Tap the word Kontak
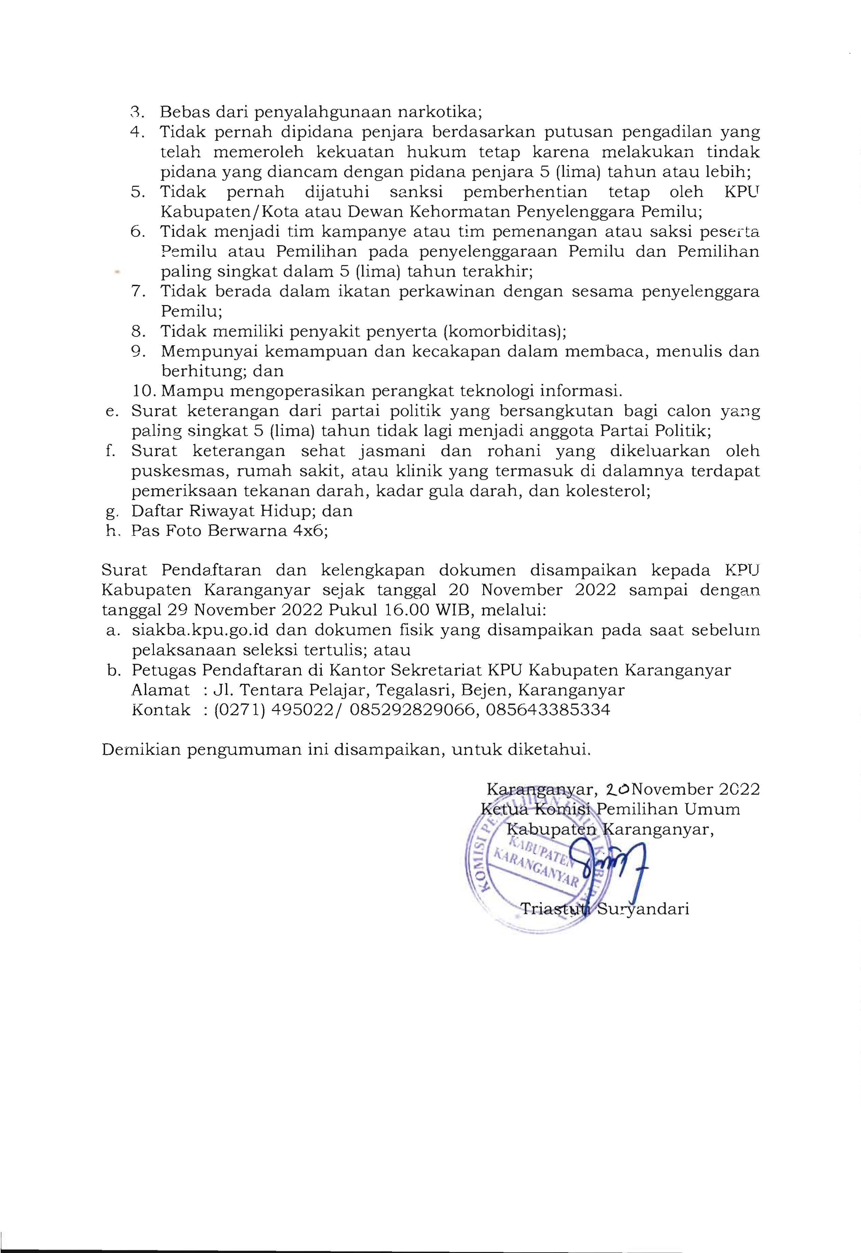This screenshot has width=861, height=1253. coord(160,709)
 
